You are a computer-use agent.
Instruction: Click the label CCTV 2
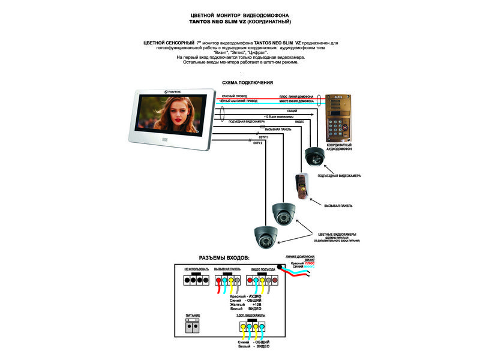pyautogui.click(x=258, y=143)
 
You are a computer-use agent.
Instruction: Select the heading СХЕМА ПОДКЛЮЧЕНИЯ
pyautogui.click(x=247, y=82)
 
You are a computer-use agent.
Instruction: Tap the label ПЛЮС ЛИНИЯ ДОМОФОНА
pyautogui.click(x=298, y=97)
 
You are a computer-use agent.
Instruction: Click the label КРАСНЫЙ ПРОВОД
pyautogui.click(x=235, y=96)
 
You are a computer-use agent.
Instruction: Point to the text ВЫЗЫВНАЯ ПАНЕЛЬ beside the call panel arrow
pyautogui.click(x=338, y=206)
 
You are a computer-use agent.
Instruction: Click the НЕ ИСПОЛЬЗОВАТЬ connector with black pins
pyautogui.click(x=196, y=280)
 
